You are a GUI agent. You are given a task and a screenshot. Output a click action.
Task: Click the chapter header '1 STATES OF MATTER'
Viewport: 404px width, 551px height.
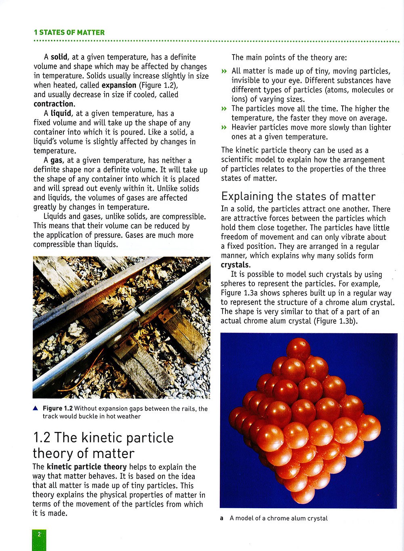[x=69, y=33]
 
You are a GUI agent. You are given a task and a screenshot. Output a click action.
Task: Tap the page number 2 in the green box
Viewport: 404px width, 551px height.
[x=39, y=534]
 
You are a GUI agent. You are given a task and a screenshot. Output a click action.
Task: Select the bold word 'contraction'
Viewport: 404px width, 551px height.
[x=53, y=104]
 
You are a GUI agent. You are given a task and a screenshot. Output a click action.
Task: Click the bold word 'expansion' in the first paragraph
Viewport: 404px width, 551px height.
[x=119, y=85]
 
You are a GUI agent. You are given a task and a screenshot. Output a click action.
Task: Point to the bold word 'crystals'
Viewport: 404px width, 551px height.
[x=235, y=265]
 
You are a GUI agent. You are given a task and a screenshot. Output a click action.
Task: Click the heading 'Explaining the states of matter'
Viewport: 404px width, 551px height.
[x=298, y=196]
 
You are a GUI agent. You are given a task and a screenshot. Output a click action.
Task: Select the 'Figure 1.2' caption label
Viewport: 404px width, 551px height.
[x=57, y=408]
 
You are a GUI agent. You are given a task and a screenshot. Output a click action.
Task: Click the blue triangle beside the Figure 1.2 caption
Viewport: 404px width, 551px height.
[x=36, y=408]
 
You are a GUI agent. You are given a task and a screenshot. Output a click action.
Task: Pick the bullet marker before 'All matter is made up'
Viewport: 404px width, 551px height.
[x=224, y=72]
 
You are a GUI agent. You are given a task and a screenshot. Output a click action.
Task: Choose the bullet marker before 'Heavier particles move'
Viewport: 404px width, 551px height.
[x=224, y=128]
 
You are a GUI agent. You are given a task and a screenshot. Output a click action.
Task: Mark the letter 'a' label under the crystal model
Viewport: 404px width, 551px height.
[x=222, y=518]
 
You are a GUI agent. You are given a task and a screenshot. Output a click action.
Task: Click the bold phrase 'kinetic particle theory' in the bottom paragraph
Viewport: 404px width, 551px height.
[x=86, y=467]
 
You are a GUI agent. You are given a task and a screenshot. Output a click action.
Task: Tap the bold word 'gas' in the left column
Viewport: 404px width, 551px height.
[x=56, y=160]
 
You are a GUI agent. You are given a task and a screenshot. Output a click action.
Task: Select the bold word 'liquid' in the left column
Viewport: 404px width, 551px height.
[x=61, y=114]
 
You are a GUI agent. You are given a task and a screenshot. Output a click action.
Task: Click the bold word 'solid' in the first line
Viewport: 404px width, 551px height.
[x=59, y=57]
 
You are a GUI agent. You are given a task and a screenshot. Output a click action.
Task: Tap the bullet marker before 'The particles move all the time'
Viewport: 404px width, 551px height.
[x=224, y=109]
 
